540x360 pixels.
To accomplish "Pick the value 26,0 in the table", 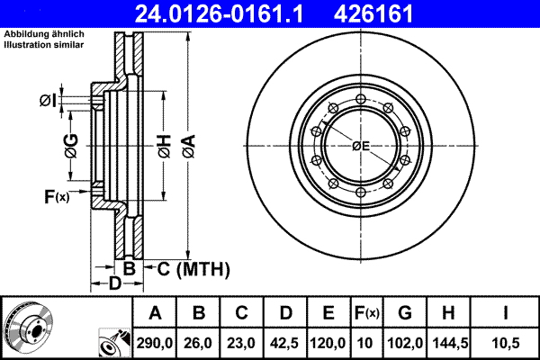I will pos(200,342).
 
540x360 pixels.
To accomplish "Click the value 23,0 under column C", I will pos(242,342).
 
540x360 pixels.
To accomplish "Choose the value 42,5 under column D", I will pos(285,342).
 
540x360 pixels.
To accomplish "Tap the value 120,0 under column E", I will pos(328,342).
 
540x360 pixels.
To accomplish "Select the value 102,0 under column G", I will pos(405,342).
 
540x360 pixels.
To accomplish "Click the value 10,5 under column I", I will pos(506,342).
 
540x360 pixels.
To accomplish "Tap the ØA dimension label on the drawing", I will pos(187,145).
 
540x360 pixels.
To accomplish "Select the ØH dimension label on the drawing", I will pos(164,145).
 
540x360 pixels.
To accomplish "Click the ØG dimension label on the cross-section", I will pos(71,145).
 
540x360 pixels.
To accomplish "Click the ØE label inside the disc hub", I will pos(362,146).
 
